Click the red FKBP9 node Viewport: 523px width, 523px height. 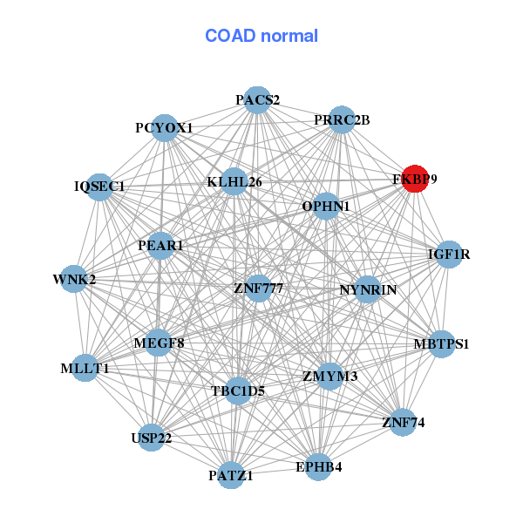point(415,178)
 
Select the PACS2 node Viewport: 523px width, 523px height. point(256,100)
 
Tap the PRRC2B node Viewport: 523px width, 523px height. point(342,119)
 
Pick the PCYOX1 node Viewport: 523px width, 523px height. point(165,128)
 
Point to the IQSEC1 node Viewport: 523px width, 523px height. point(99,187)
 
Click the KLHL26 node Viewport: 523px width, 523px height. point(234,181)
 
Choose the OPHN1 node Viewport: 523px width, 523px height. point(326,207)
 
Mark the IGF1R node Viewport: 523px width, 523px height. point(449,255)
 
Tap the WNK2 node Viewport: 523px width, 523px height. point(74,280)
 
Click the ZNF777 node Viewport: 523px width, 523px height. point(258,288)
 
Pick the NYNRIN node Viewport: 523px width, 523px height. point(368,289)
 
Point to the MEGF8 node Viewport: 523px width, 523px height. point(160,343)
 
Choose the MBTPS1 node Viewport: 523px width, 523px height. point(440,343)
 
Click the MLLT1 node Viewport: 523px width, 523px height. point(85,368)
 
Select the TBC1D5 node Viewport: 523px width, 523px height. point(237,391)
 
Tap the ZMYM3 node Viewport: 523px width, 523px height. point(330,377)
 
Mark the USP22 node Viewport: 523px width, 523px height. point(152,437)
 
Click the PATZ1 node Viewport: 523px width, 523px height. point(231,475)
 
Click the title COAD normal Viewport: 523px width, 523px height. point(261,37)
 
